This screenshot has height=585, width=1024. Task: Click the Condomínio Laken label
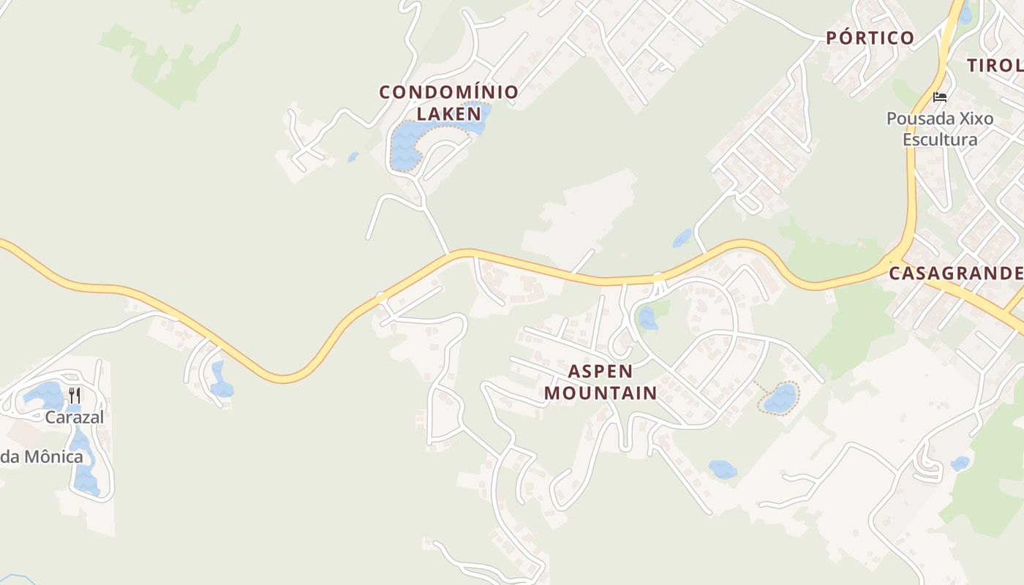point(448,102)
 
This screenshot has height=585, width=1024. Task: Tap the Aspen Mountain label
point(600,382)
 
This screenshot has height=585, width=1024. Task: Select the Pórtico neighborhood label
point(870,38)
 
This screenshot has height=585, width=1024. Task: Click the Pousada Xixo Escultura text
point(940,129)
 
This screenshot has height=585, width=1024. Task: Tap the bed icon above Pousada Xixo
point(940,97)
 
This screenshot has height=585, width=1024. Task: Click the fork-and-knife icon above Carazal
point(74,396)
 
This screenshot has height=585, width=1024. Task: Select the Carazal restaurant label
point(74,418)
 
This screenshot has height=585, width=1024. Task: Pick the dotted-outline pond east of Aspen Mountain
point(780,399)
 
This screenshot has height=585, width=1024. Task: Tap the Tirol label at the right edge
point(995,65)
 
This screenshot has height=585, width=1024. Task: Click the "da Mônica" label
point(42,457)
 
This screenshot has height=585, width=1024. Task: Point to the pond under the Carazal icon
point(45,395)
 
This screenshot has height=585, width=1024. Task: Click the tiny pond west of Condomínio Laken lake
point(354,156)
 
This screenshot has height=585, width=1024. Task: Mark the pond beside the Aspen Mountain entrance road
point(647,318)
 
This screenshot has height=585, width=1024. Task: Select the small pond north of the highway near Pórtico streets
point(682,238)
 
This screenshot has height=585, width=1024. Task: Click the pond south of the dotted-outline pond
point(723,469)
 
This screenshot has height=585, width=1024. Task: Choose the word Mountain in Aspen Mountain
point(600,393)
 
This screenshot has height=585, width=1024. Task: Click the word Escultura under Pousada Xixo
point(940,140)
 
